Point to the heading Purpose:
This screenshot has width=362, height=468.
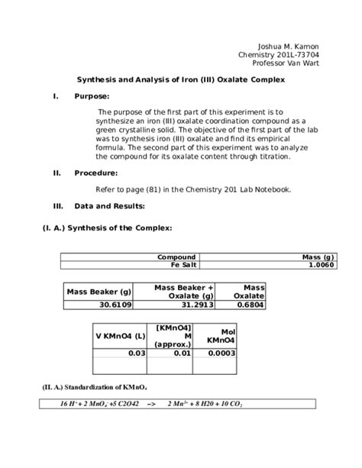coord(92,96)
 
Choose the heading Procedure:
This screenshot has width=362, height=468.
coord(95,173)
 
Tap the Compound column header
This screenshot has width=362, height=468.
coord(176,257)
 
